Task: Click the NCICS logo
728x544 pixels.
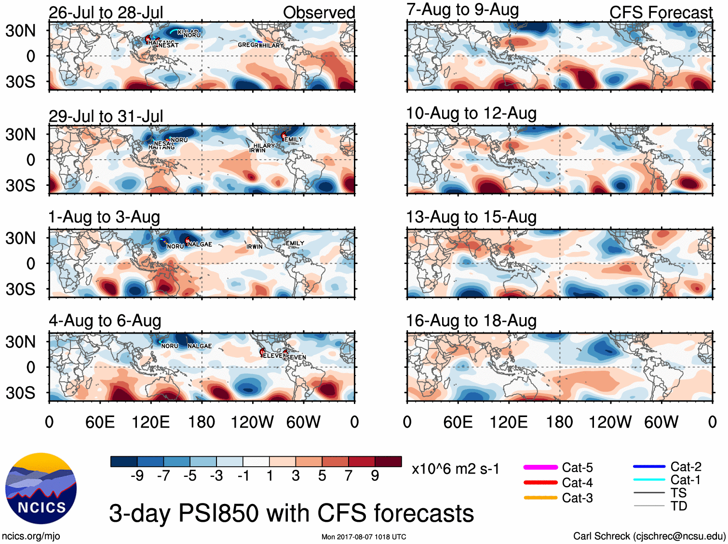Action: [41, 488]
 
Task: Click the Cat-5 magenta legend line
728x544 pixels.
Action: [540, 467]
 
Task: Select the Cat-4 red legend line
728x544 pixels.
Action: [540, 482]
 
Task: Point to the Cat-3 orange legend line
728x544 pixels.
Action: [540, 498]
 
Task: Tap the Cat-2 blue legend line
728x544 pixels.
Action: [649, 467]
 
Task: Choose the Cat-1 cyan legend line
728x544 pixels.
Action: [649, 480]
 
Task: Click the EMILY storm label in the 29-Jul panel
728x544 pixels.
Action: [294, 139]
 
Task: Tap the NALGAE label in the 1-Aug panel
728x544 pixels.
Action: [200, 244]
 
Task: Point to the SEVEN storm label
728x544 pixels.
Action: [297, 357]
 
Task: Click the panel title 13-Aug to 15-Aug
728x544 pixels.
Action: [472, 217]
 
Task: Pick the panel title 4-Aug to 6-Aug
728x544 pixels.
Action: [105, 321]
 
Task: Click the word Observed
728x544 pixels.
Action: [319, 13]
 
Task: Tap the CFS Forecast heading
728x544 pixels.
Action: [661, 13]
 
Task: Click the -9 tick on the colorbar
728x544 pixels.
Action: [137, 476]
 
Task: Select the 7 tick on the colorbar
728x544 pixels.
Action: [349, 476]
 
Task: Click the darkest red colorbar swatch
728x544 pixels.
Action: [388, 461]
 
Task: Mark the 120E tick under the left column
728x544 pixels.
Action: [151, 422]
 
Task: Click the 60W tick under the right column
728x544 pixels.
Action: [661, 422]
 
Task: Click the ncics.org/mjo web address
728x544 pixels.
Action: [31, 536]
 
